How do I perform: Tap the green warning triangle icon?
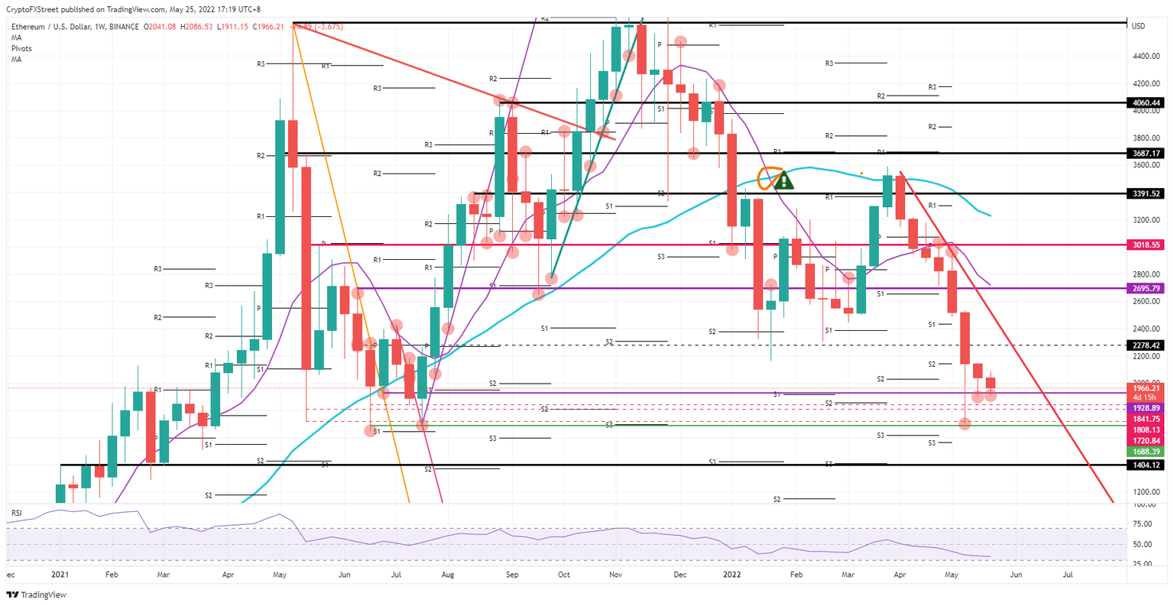pos(783,182)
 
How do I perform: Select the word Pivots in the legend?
pos(21,48)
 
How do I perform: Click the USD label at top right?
pos(1138,27)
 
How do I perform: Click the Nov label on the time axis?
pos(615,574)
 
